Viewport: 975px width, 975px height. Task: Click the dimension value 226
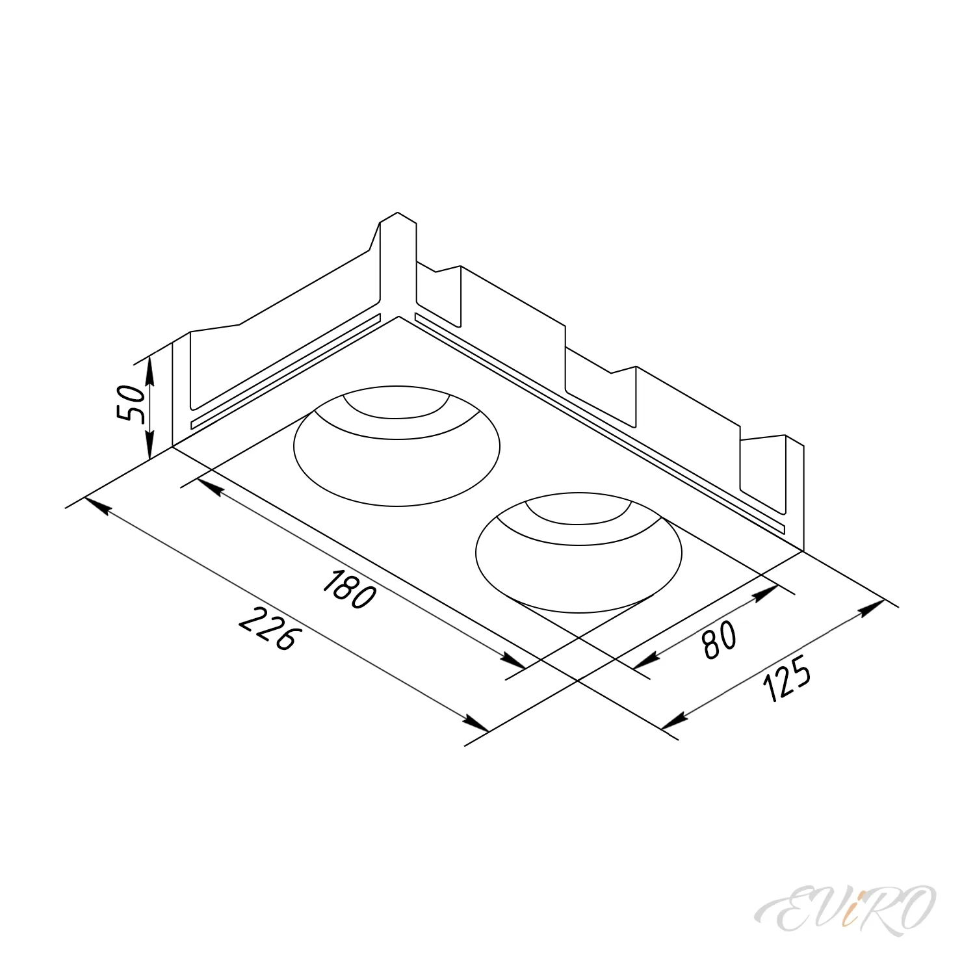point(267,629)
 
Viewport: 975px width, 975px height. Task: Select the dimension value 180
point(349,589)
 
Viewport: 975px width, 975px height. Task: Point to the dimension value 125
point(787,678)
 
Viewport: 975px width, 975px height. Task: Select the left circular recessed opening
point(397,506)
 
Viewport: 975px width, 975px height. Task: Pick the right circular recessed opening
point(579,612)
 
